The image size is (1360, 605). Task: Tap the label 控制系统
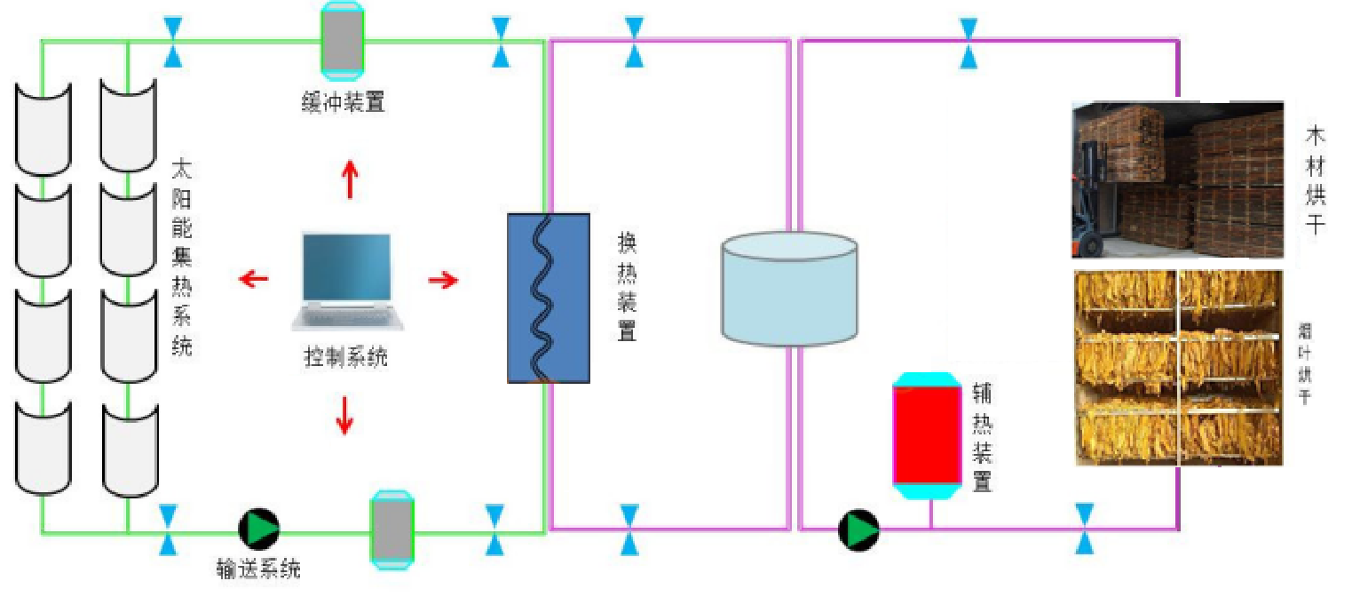point(346,358)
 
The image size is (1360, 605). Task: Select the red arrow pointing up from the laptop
point(351,179)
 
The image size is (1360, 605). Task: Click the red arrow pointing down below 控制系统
point(344,415)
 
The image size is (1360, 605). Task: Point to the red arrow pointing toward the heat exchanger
point(443,281)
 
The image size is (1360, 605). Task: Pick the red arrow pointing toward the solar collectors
point(254,280)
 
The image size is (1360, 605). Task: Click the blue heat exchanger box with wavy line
point(549,298)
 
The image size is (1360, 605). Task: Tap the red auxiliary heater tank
point(927,434)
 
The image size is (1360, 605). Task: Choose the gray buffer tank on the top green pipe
point(343,39)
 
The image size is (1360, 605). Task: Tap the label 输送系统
point(258,569)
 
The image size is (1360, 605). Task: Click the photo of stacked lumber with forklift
point(1177,179)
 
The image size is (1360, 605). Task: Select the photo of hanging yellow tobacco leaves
point(1178,367)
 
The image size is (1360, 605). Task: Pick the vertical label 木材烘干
point(1315,179)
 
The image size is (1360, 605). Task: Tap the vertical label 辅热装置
point(982,432)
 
